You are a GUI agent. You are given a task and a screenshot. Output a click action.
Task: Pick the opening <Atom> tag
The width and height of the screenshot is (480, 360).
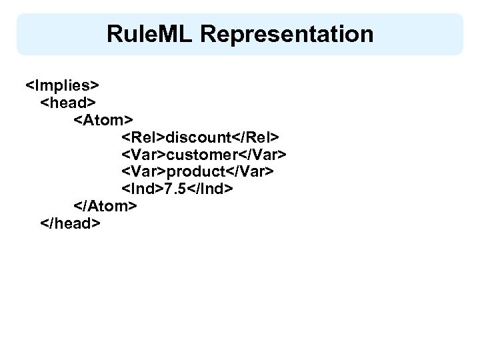point(104,120)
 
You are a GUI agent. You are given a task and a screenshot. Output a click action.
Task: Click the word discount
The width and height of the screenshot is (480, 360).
point(198,137)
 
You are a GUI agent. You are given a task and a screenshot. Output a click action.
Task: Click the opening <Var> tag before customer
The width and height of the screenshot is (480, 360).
point(143,155)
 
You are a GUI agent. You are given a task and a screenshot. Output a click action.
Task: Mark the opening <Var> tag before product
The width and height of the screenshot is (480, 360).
point(143,172)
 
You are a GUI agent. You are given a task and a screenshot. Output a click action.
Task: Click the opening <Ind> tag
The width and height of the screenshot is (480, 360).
point(142,189)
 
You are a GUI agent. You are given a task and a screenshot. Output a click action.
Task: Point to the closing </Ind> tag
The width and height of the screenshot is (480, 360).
point(211,189)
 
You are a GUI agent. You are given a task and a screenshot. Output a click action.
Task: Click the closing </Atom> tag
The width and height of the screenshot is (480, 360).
point(106,207)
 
